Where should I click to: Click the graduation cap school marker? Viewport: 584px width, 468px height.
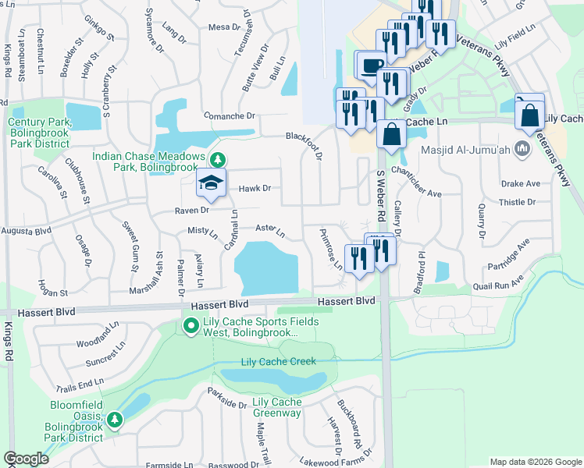[210, 184]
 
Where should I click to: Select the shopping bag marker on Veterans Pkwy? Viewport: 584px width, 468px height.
[530, 114]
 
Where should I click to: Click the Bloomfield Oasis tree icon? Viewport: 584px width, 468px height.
[115, 420]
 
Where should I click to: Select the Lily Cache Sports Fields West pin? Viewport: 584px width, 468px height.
[190, 324]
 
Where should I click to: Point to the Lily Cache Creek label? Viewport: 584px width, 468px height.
[278, 361]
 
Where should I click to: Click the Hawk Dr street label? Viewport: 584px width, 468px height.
[255, 188]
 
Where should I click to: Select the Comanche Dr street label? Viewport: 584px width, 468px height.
[230, 115]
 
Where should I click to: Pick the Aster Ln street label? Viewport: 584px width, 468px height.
[269, 230]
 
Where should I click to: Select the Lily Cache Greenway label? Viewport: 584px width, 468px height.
[277, 407]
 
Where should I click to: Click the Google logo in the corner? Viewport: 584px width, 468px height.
[26, 459]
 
